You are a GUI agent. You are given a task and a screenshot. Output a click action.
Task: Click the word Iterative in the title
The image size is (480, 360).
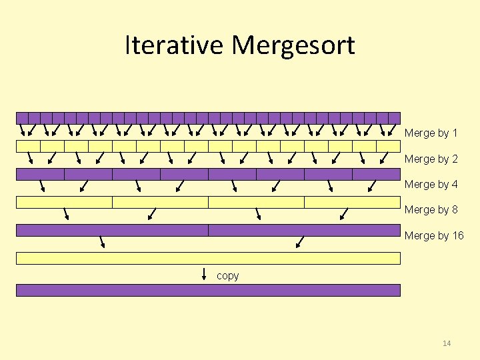click(175, 45)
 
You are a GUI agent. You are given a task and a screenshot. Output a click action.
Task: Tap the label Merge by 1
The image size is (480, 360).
click(431, 133)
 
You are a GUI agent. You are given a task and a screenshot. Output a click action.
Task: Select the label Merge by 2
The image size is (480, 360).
click(431, 159)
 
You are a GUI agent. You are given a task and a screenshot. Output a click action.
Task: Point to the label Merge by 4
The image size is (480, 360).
click(431, 184)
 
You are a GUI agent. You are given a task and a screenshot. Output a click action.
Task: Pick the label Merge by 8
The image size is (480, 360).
click(431, 209)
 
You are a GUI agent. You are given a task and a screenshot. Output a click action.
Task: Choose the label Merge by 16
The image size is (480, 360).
click(433, 235)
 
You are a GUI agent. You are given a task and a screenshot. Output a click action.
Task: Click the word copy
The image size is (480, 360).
click(227, 275)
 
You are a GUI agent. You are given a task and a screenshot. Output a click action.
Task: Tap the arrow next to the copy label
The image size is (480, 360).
click(205, 274)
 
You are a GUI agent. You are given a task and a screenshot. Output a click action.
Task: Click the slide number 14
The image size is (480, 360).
click(446, 343)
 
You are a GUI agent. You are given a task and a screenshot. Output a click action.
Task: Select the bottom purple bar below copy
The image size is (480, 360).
click(208, 290)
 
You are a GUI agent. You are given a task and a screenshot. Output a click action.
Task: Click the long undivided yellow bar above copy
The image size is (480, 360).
click(208, 258)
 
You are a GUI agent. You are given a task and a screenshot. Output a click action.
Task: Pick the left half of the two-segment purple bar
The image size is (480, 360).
click(112, 230)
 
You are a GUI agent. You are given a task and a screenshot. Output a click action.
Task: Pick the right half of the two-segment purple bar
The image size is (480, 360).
click(304, 230)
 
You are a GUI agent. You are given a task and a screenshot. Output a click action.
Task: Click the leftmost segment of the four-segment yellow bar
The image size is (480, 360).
click(64, 202)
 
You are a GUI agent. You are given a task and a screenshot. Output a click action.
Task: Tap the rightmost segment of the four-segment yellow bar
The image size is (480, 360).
click(352, 202)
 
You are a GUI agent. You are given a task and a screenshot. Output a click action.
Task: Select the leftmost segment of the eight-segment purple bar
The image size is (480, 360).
click(40, 174)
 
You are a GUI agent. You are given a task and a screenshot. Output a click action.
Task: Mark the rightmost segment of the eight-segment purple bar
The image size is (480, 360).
click(376, 174)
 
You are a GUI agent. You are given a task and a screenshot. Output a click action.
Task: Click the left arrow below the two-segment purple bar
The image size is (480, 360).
click(103, 241)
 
